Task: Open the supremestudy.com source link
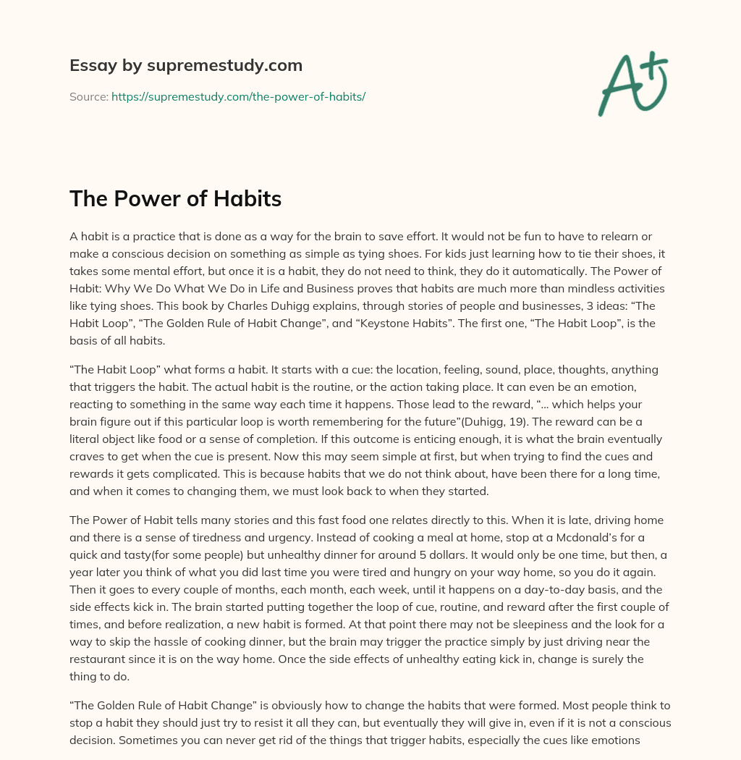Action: coord(238,96)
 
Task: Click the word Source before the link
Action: coord(88,96)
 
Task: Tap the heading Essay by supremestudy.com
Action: coord(186,65)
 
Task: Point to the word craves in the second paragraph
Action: coord(90,455)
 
